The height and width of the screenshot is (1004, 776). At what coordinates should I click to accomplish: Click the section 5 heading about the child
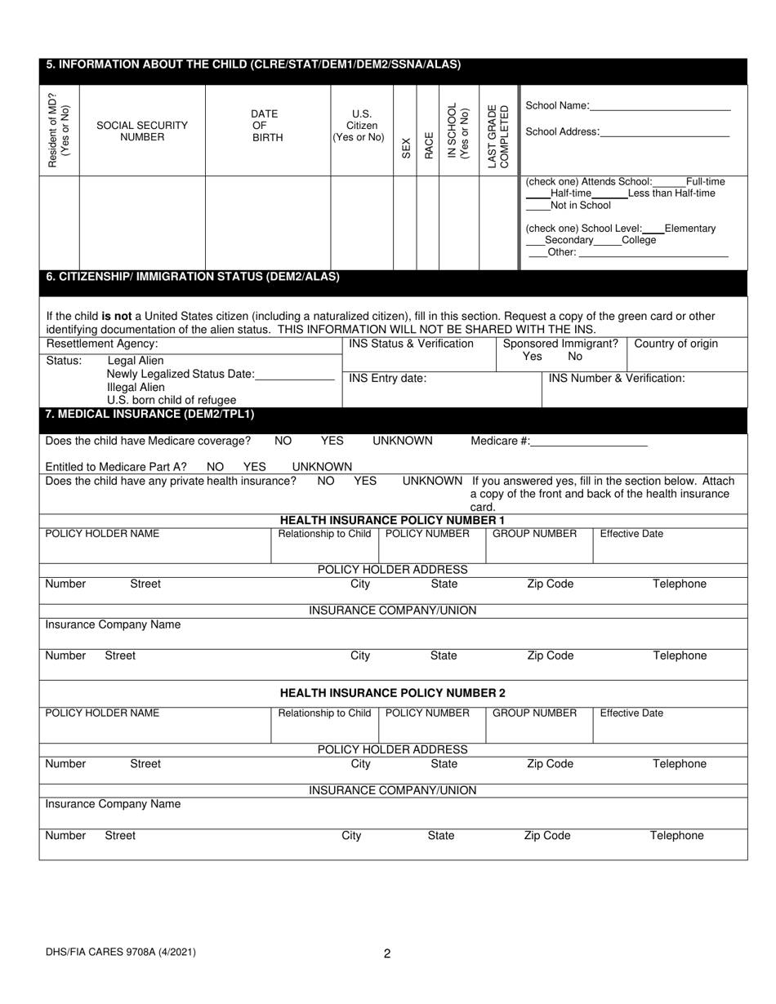[x=253, y=64]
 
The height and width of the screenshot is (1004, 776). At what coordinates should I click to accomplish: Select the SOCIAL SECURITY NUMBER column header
[x=142, y=131]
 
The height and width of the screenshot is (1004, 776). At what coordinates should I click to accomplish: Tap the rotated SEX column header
[x=406, y=148]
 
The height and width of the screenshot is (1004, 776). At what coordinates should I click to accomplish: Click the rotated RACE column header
[x=428, y=144]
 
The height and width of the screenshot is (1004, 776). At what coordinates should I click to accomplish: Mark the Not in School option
[x=580, y=206]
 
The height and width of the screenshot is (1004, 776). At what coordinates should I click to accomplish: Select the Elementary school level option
[x=689, y=229]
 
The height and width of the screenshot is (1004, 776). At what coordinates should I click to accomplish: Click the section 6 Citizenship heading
[x=193, y=278]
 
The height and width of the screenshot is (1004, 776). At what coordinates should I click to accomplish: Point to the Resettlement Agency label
[x=102, y=344]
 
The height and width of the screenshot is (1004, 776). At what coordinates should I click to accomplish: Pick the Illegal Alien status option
[x=136, y=387]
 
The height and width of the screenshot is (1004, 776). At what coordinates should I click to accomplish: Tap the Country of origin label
[x=676, y=344]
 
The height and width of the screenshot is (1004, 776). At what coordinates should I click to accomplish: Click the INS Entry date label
[x=387, y=378]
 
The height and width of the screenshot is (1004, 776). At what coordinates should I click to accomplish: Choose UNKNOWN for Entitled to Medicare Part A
[x=322, y=467]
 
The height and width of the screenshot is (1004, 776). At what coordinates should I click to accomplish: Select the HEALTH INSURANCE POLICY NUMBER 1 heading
[x=392, y=520]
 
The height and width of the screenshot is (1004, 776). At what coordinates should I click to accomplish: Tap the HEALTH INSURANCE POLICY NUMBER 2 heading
[x=392, y=693]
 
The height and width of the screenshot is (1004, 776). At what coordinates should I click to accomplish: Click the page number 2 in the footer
[x=387, y=953]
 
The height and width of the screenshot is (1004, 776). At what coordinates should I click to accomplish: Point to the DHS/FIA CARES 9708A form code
[x=120, y=951]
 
